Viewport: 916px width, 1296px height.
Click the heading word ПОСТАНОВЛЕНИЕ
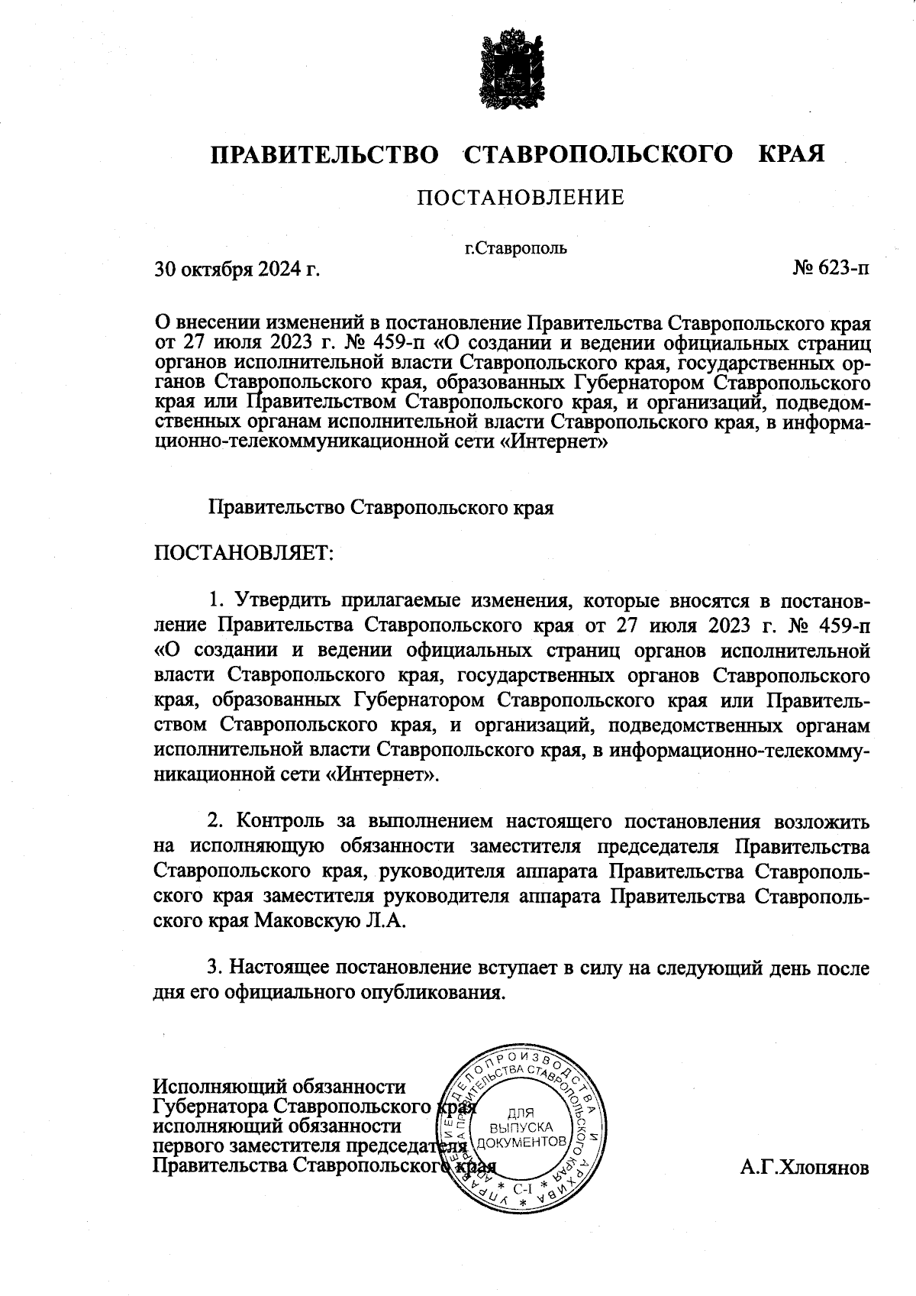520,198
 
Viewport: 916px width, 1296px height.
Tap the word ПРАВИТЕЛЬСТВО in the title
325,154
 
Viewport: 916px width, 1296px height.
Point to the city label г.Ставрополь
516,247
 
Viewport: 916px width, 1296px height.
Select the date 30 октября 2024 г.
237,269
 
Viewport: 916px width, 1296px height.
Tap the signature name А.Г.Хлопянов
804,1168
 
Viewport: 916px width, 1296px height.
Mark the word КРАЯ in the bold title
792,154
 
